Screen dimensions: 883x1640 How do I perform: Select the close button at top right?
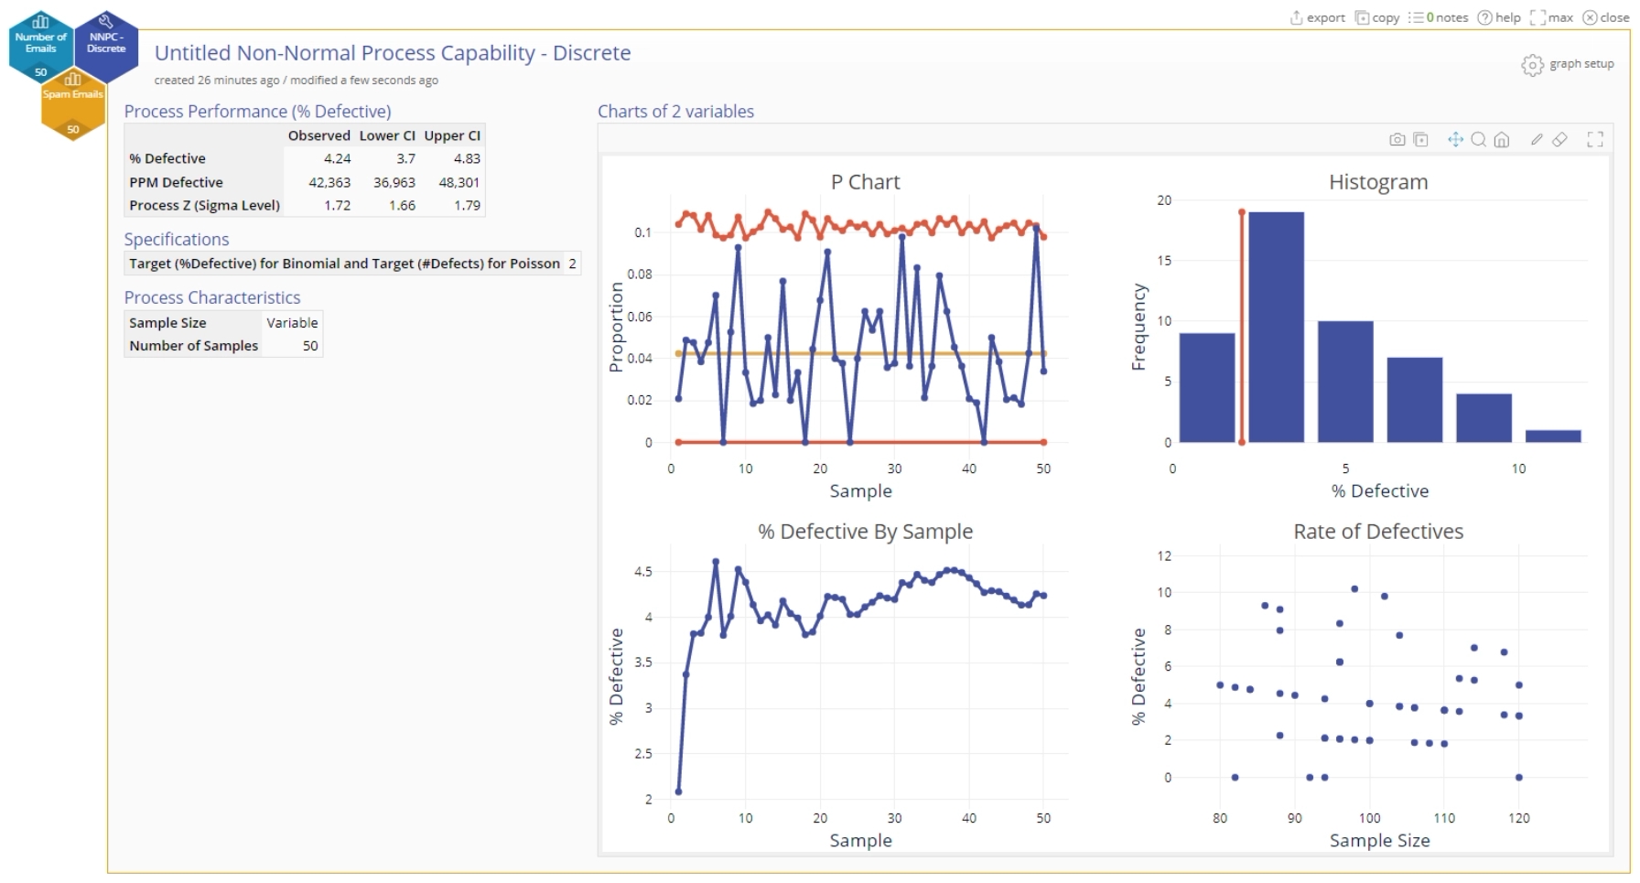(1606, 17)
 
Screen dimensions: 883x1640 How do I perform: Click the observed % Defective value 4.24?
(337, 158)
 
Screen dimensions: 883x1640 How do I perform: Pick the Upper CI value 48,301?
(459, 182)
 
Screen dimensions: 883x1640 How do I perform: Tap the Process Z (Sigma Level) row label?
(204, 205)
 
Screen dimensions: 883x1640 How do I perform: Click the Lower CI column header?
(387, 135)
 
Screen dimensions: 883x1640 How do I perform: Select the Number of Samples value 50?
(310, 346)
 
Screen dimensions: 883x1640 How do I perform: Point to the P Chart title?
(865, 182)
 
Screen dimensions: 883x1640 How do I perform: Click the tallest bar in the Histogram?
(1276, 327)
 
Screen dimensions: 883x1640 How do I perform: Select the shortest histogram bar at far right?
(1553, 436)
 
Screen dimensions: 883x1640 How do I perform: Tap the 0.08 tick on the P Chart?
(639, 275)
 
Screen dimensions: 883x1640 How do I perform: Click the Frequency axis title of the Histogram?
(1138, 327)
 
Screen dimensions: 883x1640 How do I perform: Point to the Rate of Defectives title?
(1377, 532)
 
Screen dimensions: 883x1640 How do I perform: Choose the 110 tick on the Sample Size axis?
(1444, 818)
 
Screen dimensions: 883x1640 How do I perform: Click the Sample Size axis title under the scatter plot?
(1379, 840)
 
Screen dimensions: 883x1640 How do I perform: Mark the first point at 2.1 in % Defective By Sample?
(678, 791)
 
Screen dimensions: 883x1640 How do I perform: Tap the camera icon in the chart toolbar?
(1397, 140)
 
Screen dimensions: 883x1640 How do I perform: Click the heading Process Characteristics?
(212, 297)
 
